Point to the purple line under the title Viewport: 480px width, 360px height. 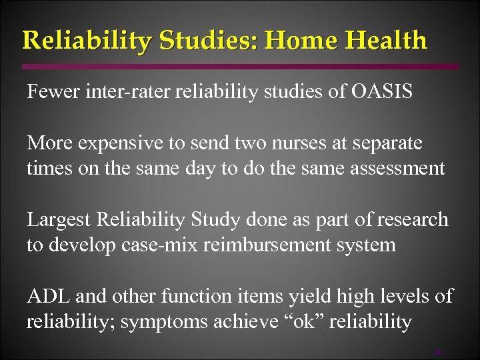click(240, 67)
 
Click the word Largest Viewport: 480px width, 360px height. click(60, 220)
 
